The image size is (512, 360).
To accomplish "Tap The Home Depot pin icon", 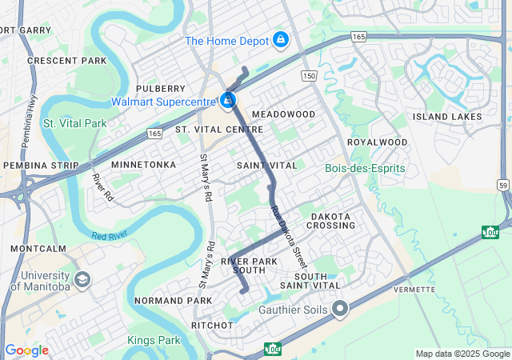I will [x=281, y=39].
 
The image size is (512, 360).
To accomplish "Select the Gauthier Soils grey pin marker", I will [x=340, y=308].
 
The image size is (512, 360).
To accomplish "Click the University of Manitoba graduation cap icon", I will [x=82, y=281].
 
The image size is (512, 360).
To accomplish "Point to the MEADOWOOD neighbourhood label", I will [x=284, y=114].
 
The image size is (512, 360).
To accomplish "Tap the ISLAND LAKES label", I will [x=447, y=117].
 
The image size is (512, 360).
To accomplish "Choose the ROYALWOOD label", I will [x=377, y=142].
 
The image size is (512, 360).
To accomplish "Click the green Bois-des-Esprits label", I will [x=365, y=168].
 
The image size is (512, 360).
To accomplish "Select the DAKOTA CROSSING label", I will [x=331, y=221].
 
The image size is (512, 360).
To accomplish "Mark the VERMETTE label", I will [x=414, y=289].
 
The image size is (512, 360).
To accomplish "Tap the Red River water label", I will [x=110, y=236].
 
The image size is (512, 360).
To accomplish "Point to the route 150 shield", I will [x=309, y=75].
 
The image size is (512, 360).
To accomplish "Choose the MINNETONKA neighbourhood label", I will [x=143, y=164].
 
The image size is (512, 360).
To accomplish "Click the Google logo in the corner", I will [x=26, y=350].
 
